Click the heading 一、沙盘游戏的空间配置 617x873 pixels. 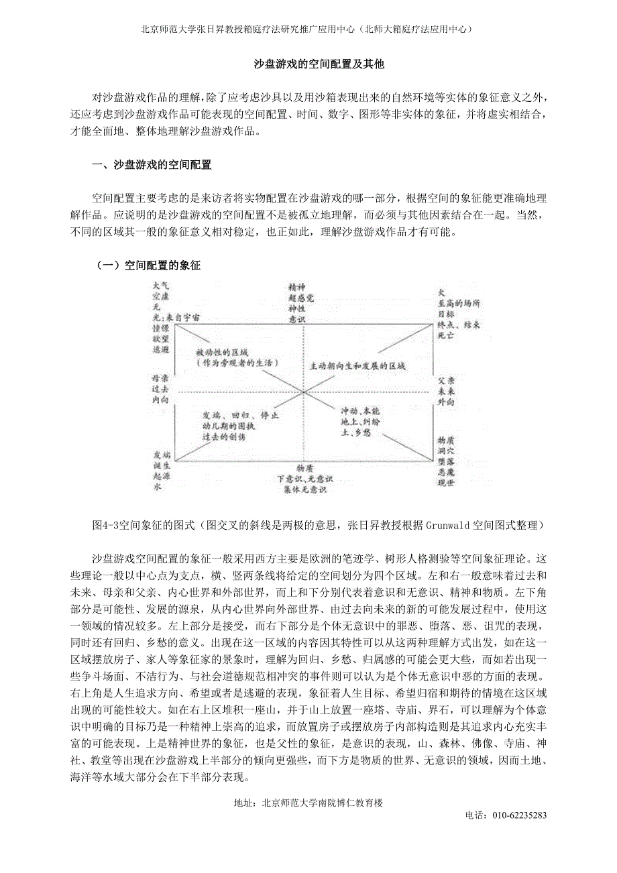(152, 164)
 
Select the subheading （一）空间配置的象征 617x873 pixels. (149, 266)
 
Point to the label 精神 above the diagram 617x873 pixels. (297, 286)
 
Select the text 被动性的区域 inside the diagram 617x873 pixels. (223, 352)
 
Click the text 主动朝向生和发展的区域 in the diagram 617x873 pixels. (357, 367)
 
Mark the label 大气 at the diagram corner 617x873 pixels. (162, 285)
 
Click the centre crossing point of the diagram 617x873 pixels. (304, 392)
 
